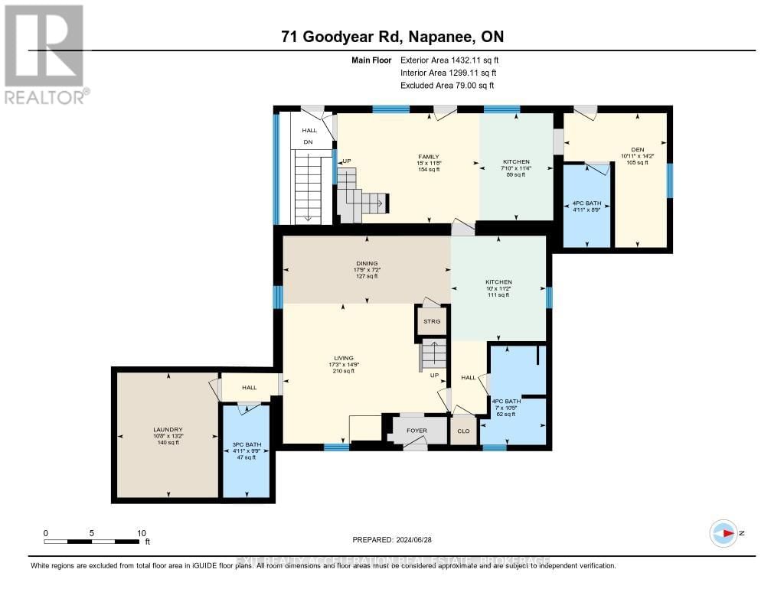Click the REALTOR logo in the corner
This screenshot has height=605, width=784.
45,54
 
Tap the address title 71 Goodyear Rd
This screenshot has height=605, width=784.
391,37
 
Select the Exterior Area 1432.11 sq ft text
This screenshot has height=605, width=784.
449,60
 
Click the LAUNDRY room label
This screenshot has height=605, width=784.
168,430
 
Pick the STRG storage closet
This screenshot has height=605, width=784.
432,322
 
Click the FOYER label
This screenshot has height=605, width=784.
416,431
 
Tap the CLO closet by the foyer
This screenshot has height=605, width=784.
464,431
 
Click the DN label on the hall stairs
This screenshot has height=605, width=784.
309,142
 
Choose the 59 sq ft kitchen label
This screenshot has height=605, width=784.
515,168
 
